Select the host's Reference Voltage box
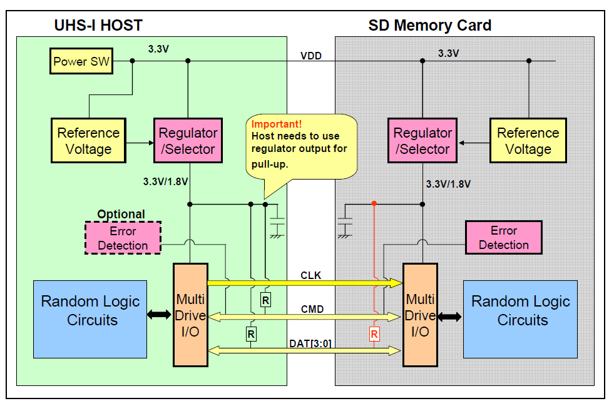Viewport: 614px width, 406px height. [x=88, y=141]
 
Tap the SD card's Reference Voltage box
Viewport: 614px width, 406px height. [x=528, y=141]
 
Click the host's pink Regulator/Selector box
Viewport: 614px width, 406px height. [x=188, y=141]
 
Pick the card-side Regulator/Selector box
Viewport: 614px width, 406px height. [x=422, y=141]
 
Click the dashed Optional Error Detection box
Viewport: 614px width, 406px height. [x=123, y=238]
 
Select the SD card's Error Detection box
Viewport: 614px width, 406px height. [x=503, y=237]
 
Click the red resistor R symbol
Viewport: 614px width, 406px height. [x=374, y=334]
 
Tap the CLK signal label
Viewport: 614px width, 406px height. [x=310, y=275]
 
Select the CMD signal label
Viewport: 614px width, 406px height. [x=312, y=308]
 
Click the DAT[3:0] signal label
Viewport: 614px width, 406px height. [x=311, y=343]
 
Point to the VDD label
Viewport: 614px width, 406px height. [x=310, y=56]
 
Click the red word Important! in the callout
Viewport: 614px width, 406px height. [x=276, y=124]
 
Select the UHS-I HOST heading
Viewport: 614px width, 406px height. [x=98, y=26]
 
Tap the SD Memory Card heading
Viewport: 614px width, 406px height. [x=429, y=26]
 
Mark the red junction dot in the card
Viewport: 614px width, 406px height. [x=374, y=203]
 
